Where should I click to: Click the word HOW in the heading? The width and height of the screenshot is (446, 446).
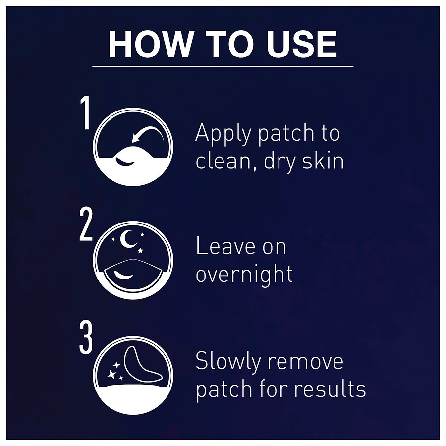(x=150, y=45)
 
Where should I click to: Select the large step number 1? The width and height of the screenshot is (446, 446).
(x=85, y=112)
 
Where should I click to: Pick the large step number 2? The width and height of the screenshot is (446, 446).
(x=86, y=224)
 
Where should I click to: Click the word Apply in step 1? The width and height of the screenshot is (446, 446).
(x=224, y=134)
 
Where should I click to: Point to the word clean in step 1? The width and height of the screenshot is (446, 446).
(x=226, y=161)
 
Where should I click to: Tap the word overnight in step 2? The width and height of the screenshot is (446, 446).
(x=244, y=275)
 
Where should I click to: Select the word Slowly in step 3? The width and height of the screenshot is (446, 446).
(x=227, y=362)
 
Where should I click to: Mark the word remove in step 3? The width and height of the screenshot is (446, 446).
(x=305, y=362)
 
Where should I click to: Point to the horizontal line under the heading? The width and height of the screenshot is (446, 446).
(x=223, y=66)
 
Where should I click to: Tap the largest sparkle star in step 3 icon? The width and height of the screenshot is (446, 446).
(x=111, y=374)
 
